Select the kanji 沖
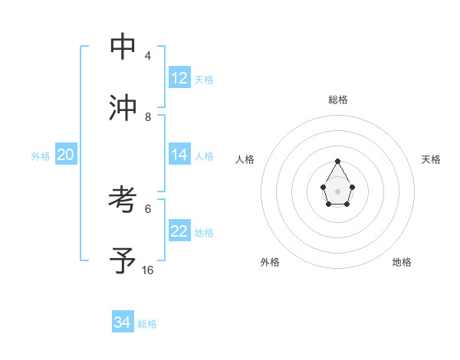[123, 108]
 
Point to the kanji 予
[123, 260]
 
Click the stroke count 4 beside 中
[148, 56]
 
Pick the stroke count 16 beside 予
[148, 270]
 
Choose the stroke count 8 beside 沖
[148, 116]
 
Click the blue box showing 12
[179, 78]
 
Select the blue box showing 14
[179, 155]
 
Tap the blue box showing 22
[179, 231]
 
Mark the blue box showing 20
[65, 155]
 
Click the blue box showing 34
[123, 322]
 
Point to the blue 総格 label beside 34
[147, 324]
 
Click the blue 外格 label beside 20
[41, 156]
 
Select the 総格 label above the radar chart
[338, 100]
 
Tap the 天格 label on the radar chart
[431, 159]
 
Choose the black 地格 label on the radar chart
[402, 262]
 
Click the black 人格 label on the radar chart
[245, 159]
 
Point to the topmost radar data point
[337, 161]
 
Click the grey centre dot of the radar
[337, 191]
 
